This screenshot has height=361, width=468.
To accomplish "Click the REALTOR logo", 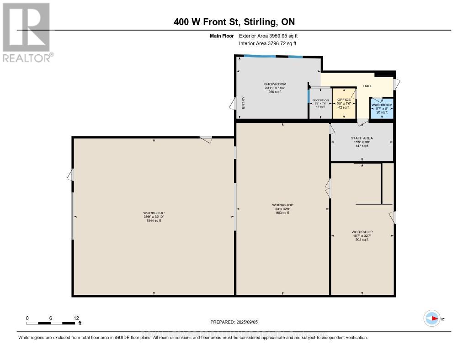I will (26, 32).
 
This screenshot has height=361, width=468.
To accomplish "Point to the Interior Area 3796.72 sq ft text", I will (268, 43).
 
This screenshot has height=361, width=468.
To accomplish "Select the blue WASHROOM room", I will (381, 109).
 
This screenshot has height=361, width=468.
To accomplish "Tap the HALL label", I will (367, 86).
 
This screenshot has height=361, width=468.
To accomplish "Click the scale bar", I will (51, 323).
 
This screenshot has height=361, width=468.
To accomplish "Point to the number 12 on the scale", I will (76, 318).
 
